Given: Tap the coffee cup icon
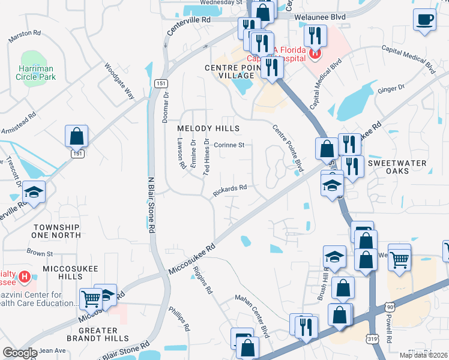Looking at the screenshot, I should pyautogui.click(x=425, y=19).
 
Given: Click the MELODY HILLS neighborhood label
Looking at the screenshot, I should pyautogui.click(x=208, y=128).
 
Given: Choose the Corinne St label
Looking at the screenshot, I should pyautogui.click(x=229, y=145).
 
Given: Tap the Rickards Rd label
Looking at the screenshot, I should pyautogui.click(x=231, y=190).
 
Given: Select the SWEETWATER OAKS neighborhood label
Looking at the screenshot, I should pyautogui.click(x=397, y=167).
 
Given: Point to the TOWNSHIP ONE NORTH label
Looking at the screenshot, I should pyautogui.click(x=56, y=231).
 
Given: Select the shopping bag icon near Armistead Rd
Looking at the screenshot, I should pyautogui.click(x=77, y=137).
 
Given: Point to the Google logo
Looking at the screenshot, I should pyautogui.click(x=20, y=353).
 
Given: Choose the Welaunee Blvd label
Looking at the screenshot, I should pyautogui.click(x=320, y=17).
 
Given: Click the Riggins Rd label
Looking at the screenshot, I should pyautogui.click(x=203, y=280).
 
